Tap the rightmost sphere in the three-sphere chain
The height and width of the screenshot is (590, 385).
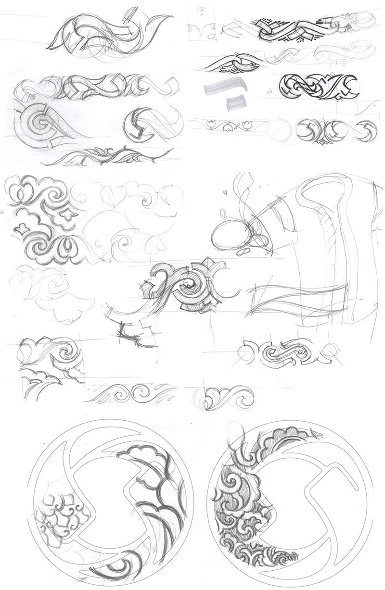366,129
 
